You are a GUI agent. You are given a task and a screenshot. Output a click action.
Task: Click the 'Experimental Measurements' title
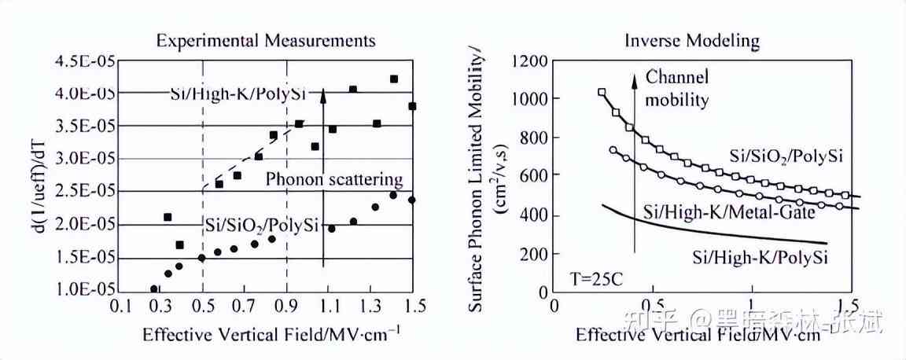265,40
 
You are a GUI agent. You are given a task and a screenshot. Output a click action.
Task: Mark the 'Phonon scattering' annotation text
333,179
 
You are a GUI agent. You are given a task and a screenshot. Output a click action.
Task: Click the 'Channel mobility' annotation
676,88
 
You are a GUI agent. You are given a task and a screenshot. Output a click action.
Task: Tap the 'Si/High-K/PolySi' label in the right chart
761,256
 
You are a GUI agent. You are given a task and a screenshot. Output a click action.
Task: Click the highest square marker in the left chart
394,79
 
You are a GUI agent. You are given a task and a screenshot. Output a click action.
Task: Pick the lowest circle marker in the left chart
154,289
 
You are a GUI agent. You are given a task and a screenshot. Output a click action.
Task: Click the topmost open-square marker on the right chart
602,93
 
